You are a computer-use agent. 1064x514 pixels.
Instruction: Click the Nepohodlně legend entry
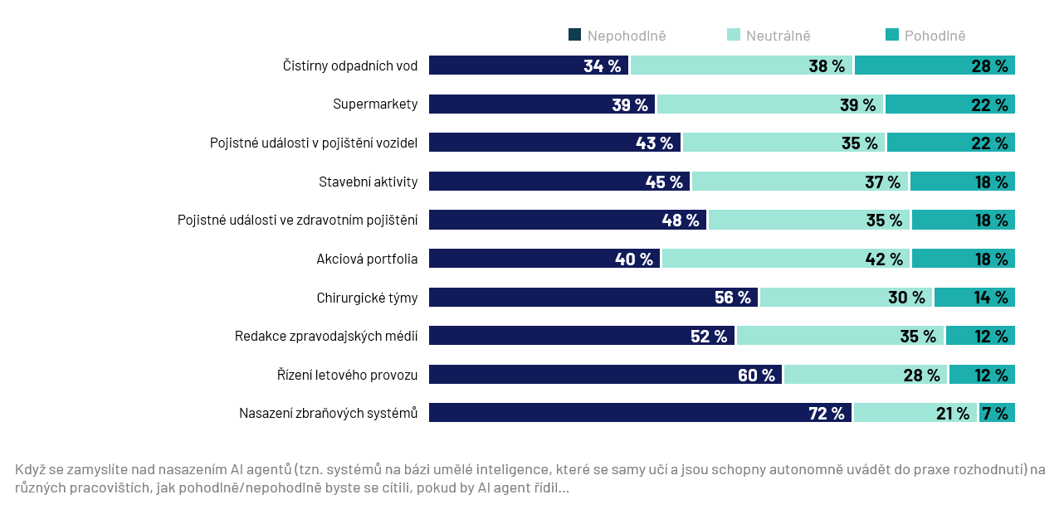click(x=617, y=36)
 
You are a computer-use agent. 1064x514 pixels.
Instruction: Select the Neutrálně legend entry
click(x=769, y=36)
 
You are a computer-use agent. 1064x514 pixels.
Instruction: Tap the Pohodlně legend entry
click(x=925, y=36)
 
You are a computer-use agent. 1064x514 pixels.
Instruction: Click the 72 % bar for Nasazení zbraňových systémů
click(x=640, y=413)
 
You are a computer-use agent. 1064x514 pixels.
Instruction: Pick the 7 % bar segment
click(x=997, y=413)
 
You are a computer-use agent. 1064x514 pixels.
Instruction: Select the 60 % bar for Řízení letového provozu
click(x=605, y=375)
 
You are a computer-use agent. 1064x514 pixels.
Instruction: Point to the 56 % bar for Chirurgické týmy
click(x=593, y=298)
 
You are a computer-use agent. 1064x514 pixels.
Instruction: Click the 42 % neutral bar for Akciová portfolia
click(x=785, y=259)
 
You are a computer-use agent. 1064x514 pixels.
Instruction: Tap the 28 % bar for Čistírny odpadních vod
click(x=935, y=65)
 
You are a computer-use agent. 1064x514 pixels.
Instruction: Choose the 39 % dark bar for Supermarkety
click(x=542, y=104)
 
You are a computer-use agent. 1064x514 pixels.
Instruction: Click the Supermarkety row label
click(x=375, y=104)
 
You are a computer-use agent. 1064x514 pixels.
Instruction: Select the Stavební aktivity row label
click(x=368, y=182)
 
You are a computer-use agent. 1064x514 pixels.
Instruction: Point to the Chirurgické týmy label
click(x=367, y=298)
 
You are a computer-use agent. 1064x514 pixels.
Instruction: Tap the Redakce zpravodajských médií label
click(x=326, y=336)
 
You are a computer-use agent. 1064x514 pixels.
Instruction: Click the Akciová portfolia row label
click(x=367, y=259)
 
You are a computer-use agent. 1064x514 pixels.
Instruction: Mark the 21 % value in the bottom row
click(x=952, y=413)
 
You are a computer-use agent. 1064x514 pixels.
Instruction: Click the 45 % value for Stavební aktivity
click(x=664, y=182)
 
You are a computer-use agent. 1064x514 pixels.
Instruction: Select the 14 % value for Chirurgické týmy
click(x=991, y=298)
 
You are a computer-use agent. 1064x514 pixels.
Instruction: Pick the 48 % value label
click(x=681, y=221)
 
